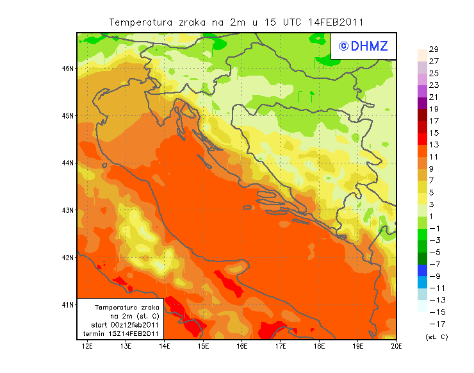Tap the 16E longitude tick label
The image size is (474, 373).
tap(242, 346)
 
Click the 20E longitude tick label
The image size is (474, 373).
tap(396, 346)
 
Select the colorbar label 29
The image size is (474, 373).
tap(433, 49)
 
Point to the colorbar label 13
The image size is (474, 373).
tap(433, 145)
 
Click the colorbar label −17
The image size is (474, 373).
tap(434, 324)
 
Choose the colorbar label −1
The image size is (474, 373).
tap(434, 228)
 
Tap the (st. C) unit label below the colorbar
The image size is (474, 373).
tap(436, 336)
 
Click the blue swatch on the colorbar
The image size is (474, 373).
tap(422, 270)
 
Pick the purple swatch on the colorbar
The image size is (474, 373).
tap(422, 103)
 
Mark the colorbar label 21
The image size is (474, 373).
tap(433, 97)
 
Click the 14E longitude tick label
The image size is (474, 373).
tap(165, 346)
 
